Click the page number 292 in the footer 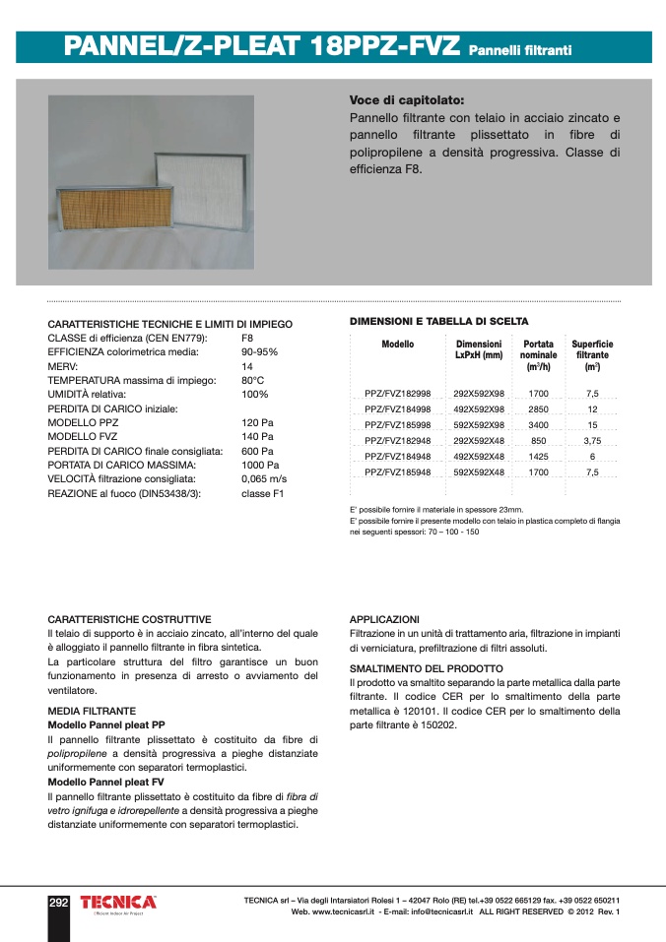pyautogui.click(x=59, y=903)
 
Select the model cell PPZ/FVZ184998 pyautogui.click(x=398, y=409)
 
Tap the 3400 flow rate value pyautogui.click(x=538, y=425)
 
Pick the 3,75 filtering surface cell pyautogui.click(x=592, y=441)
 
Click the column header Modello pyautogui.click(x=398, y=345)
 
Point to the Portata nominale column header pyautogui.click(x=538, y=355)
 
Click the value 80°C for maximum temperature pyautogui.click(x=253, y=380)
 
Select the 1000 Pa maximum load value pyautogui.click(x=260, y=465)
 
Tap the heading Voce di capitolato pyautogui.click(x=407, y=100)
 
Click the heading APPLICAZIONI pyautogui.click(x=384, y=619)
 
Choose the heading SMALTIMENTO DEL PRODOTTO pyautogui.click(x=427, y=668)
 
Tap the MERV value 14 pyautogui.click(x=247, y=365)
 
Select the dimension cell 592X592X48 pyautogui.click(x=479, y=472)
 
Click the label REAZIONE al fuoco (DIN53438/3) pyautogui.click(x=124, y=493)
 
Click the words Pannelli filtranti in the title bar pyautogui.click(x=520, y=49)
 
